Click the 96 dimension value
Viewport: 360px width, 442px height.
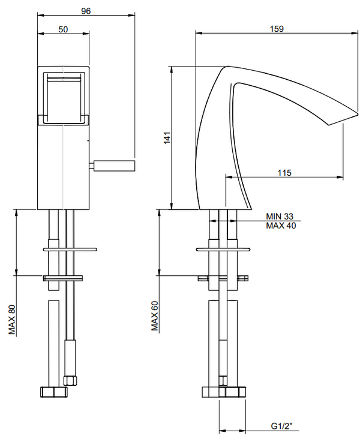click(86, 11)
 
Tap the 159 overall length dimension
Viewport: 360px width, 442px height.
click(277, 28)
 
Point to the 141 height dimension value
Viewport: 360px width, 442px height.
click(167, 137)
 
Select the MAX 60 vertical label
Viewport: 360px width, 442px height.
click(154, 315)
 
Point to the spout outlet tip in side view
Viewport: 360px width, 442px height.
click(335, 122)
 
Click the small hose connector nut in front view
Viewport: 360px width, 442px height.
click(70, 379)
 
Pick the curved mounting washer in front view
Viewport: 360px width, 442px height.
click(70, 248)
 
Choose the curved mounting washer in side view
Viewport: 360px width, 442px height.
click(223, 248)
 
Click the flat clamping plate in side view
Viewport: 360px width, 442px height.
click(223, 278)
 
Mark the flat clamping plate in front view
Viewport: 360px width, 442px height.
click(64, 278)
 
